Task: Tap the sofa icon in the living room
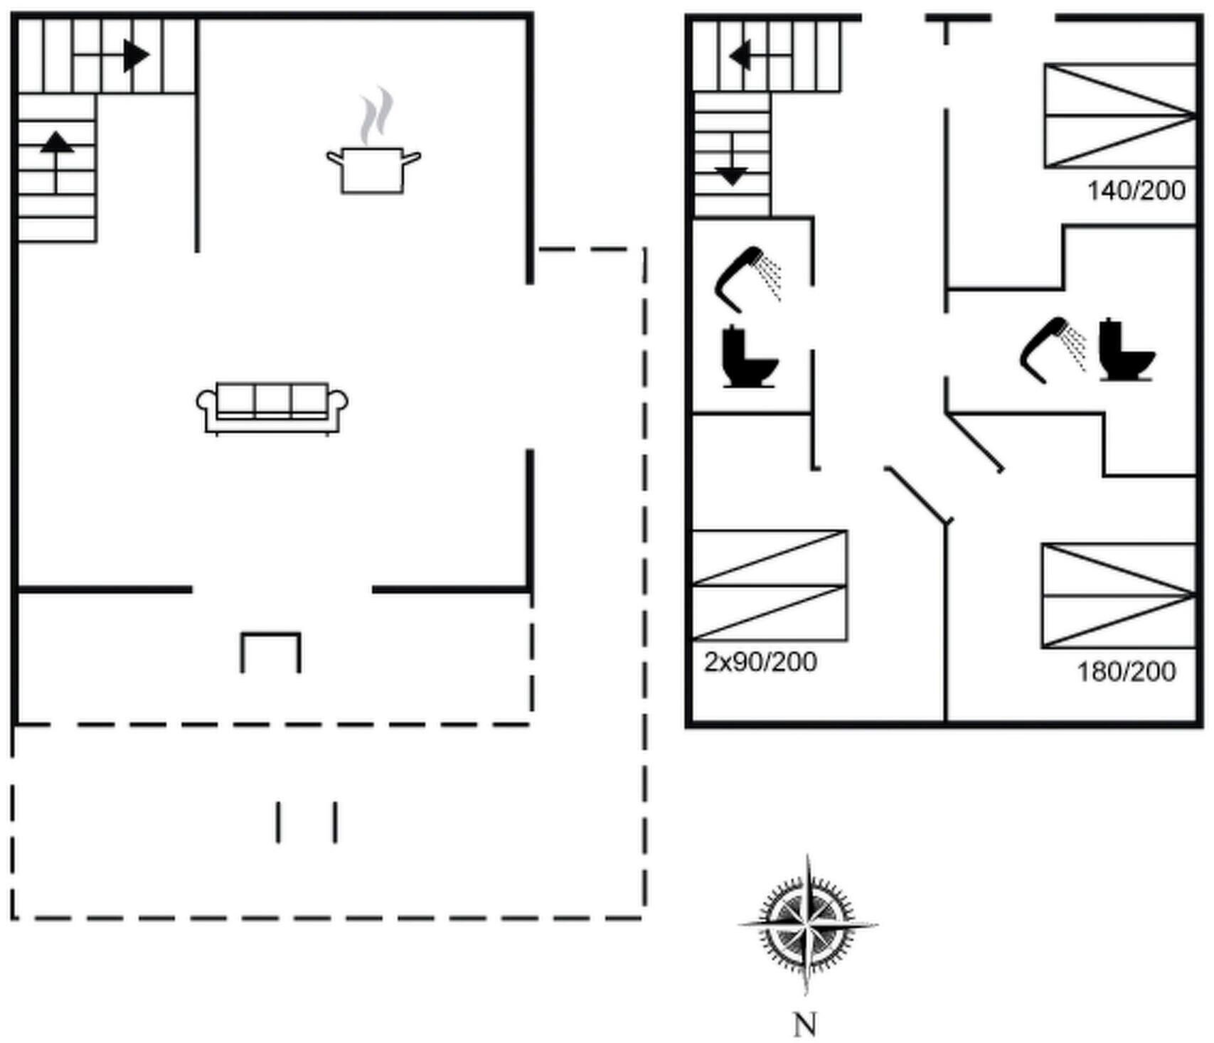272,409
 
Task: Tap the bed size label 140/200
1136,191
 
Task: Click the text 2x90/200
760,662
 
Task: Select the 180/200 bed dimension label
1127,672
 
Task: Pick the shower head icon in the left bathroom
747,279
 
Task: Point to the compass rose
807,924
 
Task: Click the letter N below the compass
805,1025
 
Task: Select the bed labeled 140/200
1120,116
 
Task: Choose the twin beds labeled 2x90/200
770,585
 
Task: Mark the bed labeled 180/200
1119,596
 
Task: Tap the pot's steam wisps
376,116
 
